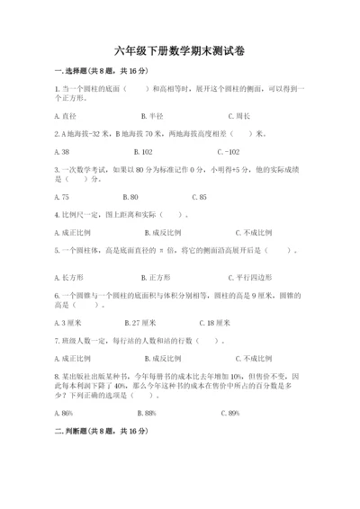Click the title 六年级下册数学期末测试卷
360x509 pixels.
pos(179,51)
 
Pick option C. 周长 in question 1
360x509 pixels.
pos(238,116)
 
